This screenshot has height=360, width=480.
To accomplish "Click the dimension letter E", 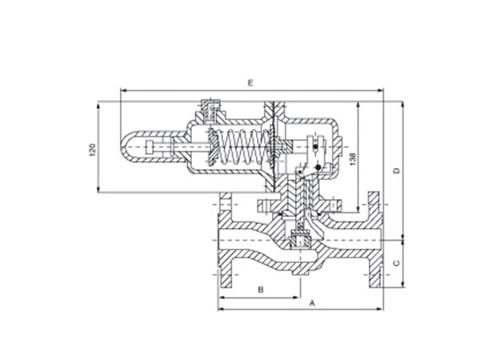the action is (250, 83).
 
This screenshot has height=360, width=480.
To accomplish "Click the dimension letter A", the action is (312, 303).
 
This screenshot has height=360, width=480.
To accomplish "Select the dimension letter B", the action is (261, 290).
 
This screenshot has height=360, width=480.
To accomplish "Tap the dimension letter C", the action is (397, 263).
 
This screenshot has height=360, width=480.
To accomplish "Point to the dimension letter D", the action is (397, 170).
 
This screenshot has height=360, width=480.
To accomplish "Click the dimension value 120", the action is (93, 150).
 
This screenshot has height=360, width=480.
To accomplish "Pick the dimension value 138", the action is (353, 159).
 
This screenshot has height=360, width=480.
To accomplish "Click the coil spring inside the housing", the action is (242, 147).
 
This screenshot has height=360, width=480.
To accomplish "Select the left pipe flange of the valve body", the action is (226, 240).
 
